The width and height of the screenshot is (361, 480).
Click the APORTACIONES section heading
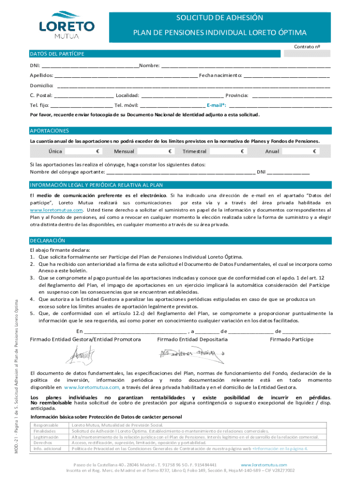49,130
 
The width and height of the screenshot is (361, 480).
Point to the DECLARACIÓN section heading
47,240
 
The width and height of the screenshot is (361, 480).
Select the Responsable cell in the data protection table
44,425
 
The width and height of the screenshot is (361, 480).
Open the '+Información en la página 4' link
280,448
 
